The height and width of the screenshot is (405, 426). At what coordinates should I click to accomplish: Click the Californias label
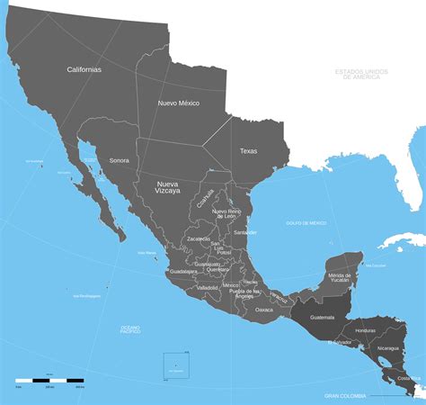(x=84, y=69)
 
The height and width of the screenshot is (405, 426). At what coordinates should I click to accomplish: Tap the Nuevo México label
(x=179, y=103)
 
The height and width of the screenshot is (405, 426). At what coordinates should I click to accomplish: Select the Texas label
(x=248, y=151)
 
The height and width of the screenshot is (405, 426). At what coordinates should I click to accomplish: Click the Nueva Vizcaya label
(x=163, y=187)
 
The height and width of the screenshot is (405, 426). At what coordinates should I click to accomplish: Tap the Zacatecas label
(x=198, y=238)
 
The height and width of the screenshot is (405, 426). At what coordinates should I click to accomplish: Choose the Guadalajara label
(x=183, y=271)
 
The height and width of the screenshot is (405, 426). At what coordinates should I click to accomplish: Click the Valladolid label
(x=208, y=287)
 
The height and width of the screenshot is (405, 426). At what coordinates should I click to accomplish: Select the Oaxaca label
(x=263, y=310)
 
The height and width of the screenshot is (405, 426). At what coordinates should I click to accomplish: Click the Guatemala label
(x=322, y=317)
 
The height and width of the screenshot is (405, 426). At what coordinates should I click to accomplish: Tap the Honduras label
(x=366, y=330)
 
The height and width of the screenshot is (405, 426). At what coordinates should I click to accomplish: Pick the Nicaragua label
(x=388, y=347)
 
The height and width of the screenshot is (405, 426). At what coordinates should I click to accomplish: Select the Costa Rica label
(x=409, y=378)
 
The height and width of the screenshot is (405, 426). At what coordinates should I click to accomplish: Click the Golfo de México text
(x=306, y=222)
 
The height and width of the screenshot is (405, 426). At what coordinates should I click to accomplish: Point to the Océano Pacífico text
(x=130, y=330)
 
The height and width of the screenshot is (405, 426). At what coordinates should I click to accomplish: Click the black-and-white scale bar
(x=50, y=381)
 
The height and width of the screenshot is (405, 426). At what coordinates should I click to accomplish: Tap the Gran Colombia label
(x=346, y=395)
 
